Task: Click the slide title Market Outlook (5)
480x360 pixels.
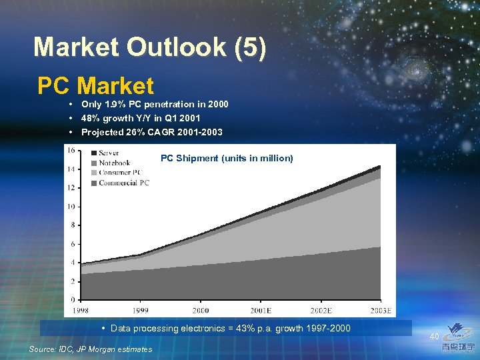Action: tap(150, 47)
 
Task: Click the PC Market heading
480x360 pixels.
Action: tap(95, 86)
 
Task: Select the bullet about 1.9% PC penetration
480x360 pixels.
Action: tap(154, 104)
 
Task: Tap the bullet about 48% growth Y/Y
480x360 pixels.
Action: tap(141, 118)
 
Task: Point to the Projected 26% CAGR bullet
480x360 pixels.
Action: tap(152, 132)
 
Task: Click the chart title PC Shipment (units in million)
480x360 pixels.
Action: tap(227, 158)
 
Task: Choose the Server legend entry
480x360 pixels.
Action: tap(109, 153)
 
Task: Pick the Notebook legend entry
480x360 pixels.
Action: tap(114, 163)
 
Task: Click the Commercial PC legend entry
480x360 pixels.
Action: tap(123, 183)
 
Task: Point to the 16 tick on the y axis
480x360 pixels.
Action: tap(70, 150)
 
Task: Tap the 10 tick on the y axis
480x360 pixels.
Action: tap(70, 207)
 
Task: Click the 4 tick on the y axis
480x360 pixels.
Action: tap(72, 263)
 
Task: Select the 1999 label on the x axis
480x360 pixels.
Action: tap(139, 311)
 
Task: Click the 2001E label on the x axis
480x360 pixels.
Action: tap(261, 311)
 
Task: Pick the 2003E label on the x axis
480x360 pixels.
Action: tap(381, 311)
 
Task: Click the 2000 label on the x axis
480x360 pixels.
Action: tap(200, 311)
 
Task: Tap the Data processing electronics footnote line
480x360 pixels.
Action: tap(230, 329)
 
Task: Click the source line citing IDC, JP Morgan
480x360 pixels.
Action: tap(91, 349)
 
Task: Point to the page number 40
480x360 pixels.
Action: tap(434, 337)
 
